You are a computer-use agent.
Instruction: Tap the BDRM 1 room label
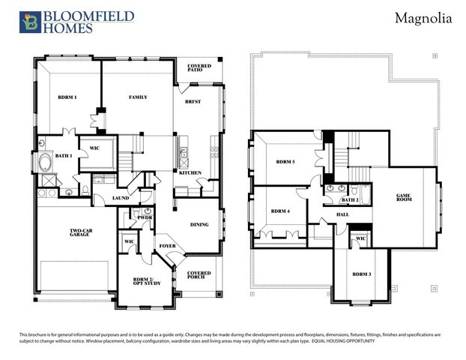pyautogui.click(x=68, y=97)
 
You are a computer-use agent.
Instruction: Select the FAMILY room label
pyautogui.click(x=138, y=97)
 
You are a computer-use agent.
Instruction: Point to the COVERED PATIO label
pyautogui.click(x=200, y=69)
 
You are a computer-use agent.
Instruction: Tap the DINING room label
pyautogui.click(x=199, y=224)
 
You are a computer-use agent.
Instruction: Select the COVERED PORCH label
pyautogui.click(x=199, y=275)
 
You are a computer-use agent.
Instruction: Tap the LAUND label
pyautogui.click(x=121, y=198)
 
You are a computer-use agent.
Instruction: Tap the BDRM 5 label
pyautogui.click(x=285, y=161)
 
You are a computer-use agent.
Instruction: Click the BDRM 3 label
pyautogui.click(x=362, y=274)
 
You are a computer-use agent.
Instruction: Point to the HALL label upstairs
pyautogui.click(x=342, y=214)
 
